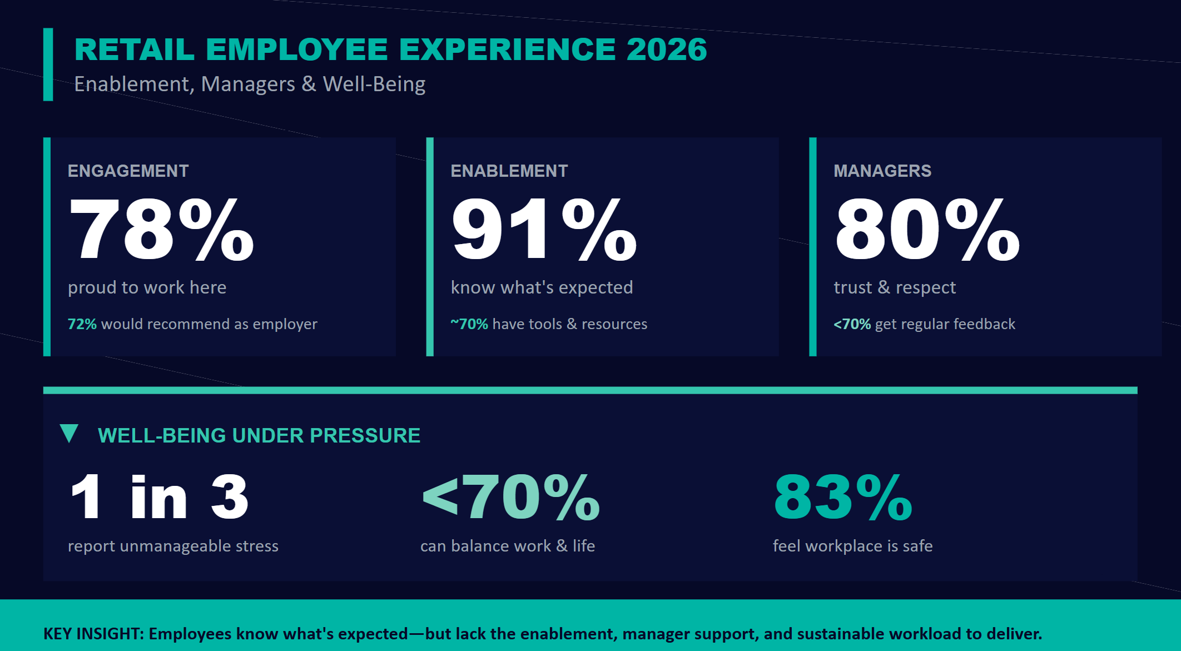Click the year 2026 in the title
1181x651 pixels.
pos(666,49)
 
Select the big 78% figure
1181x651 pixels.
pos(161,229)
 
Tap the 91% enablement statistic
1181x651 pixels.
pos(544,229)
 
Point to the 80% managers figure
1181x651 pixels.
pos(927,229)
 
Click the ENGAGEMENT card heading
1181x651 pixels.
pos(128,171)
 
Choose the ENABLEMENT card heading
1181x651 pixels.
pos(509,171)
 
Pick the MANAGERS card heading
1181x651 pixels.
pos(882,171)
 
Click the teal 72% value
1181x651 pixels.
pos(82,324)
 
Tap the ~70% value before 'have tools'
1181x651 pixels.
pos(469,324)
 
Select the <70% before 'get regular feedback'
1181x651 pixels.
pos(852,324)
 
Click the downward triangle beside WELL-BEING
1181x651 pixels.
pos(69,433)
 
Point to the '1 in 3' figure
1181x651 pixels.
pos(159,497)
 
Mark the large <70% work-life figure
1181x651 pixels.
pos(511,497)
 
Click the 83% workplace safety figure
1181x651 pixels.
pos(842,497)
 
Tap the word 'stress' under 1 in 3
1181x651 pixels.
pos(257,546)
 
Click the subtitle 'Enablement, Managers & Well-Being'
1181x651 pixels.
pos(250,84)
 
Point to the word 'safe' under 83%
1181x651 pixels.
pos(917,546)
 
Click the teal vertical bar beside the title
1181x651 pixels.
pos(48,64)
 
